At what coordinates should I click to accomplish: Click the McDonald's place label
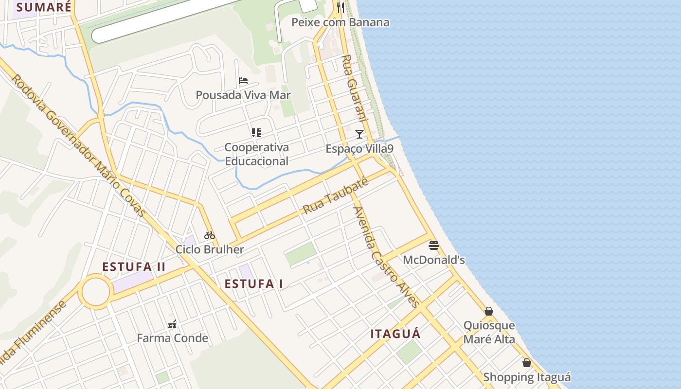[x=434, y=260]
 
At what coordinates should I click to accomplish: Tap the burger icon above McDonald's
[x=434, y=245]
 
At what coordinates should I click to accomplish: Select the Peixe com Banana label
[x=340, y=22]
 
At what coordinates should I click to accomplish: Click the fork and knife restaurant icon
[x=340, y=7]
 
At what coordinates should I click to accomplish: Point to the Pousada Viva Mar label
[x=243, y=95]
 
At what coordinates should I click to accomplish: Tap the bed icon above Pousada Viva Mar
[x=243, y=80]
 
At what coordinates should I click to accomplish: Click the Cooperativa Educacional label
[x=257, y=154]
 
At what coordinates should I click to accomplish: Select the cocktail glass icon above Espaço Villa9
[x=359, y=134]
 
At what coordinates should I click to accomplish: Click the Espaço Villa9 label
[x=359, y=149]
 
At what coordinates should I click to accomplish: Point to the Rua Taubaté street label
[x=335, y=195]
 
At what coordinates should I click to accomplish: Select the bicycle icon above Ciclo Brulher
[x=210, y=235]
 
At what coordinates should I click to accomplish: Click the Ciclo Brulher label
[x=210, y=249]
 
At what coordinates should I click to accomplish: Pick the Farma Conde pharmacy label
[x=172, y=338]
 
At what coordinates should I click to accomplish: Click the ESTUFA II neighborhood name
[x=134, y=267]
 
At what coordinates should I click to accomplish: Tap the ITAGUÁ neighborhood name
[x=395, y=334]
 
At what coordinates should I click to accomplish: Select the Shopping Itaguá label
[x=527, y=377]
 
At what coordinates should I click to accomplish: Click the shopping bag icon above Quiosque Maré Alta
[x=489, y=311]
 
